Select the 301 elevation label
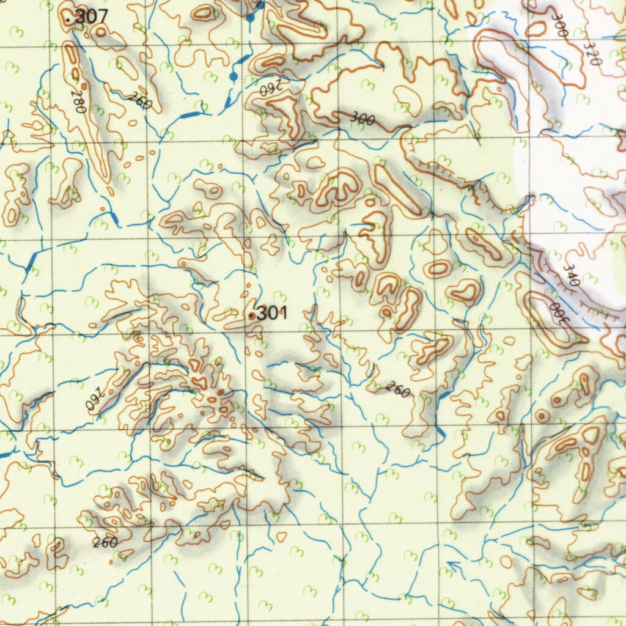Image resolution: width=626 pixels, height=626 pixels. point(271,314)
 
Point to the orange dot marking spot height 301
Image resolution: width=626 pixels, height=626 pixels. point(252,316)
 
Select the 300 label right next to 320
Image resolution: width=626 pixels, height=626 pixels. point(557,25)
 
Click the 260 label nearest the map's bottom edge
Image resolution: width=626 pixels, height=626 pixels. point(106,542)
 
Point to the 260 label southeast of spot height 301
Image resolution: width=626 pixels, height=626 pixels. point(398,389)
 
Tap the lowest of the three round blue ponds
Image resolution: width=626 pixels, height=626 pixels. point(233,76)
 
